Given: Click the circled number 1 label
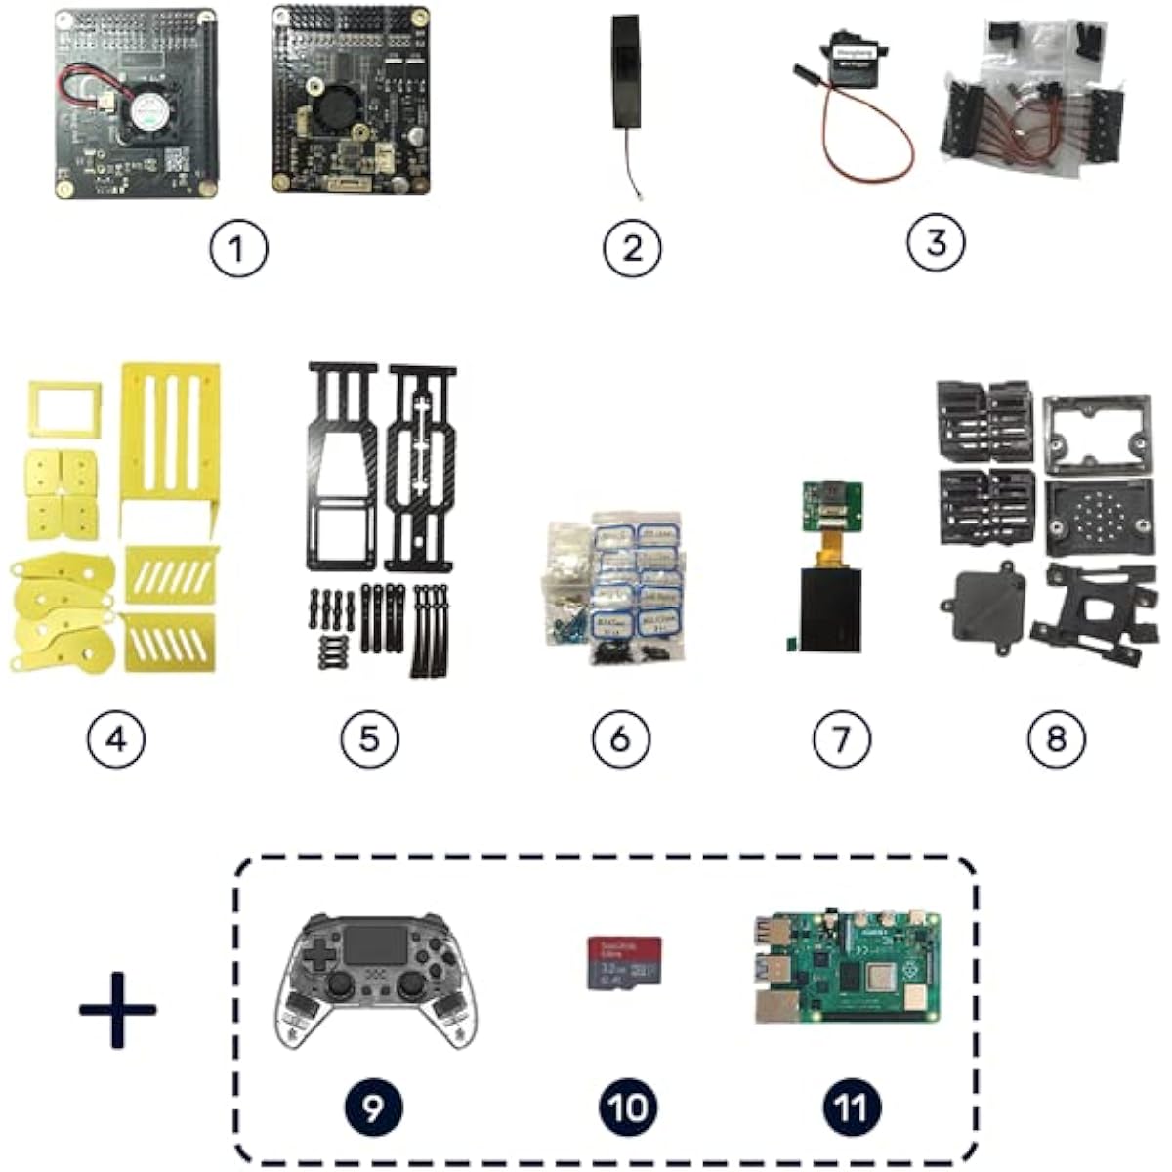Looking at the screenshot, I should coord(239,250).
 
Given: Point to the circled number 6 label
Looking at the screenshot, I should coord(620,738).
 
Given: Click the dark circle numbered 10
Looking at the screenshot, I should coord(627,1107).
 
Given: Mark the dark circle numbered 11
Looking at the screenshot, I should coord(851,1107).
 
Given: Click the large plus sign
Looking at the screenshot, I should coord(118,1009).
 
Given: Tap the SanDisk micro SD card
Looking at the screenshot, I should coord(624,963).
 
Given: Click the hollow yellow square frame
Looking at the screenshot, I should coord(64,409).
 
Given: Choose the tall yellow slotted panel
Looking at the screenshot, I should coord(170,445).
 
